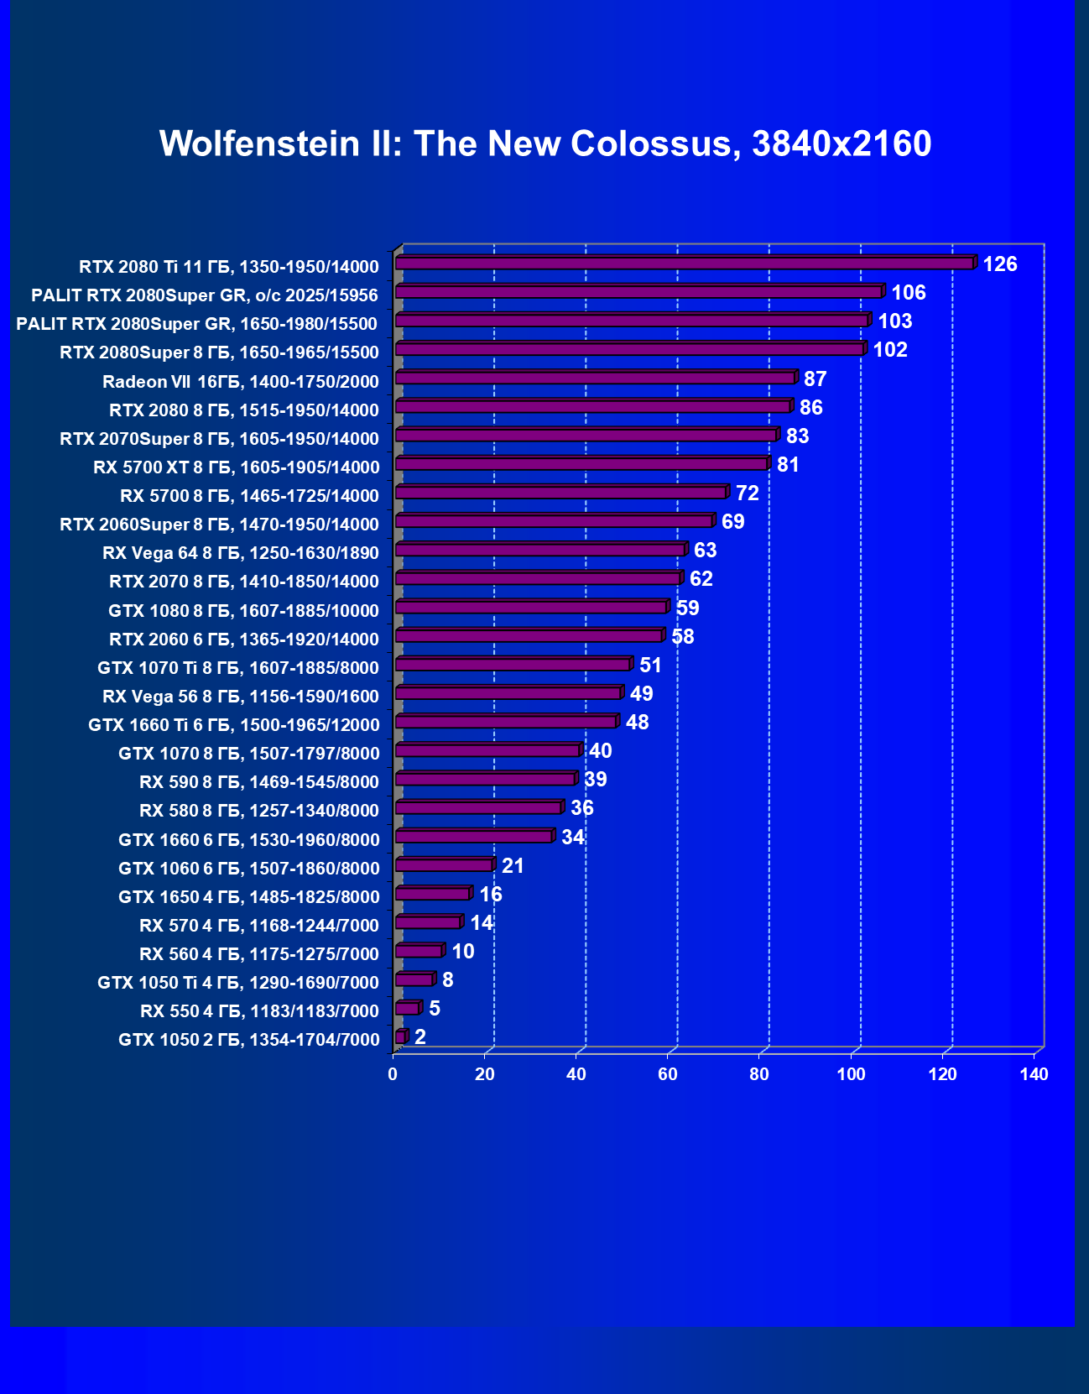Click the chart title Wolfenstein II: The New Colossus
[x=545, y=144]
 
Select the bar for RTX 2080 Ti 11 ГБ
[x=684, y=264]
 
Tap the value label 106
[x=909, y=293]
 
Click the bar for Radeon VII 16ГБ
[x=595, y=379]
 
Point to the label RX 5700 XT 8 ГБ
[x=237, y=467]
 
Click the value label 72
[x=748, y=493]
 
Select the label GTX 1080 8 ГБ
[x=244, y=611]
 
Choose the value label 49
[x=641, y=693]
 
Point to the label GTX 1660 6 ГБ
[x=249, y=840]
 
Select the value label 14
[x=482, y=923]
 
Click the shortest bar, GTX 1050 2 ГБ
[x=400, y=1037]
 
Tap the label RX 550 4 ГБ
[x=260, y=1011]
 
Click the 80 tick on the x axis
[x=759, y=1074]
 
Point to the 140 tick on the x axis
[x=1034, y=1074]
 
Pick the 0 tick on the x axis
[x=393, y=1074]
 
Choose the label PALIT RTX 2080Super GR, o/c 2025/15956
[x=205, y=295]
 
